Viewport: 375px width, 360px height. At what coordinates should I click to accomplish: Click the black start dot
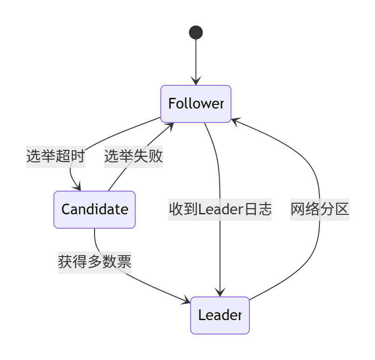[196, 32]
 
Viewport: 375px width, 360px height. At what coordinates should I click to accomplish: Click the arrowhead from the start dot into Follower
[196, 81]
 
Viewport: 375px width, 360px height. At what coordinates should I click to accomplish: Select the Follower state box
[196, 104]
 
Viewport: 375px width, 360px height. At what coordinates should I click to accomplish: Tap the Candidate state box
[95, 210]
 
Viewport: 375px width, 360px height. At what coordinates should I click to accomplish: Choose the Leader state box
[220, 315]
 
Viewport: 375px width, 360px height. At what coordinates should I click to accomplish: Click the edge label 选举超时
[55, 156]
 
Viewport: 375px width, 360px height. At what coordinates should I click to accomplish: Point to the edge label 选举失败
[133, 156]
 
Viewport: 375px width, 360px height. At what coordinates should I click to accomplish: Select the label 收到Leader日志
[220, 209]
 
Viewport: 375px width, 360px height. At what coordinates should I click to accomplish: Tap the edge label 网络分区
[319, 209]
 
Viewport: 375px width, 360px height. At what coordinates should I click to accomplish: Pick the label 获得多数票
[95, 262]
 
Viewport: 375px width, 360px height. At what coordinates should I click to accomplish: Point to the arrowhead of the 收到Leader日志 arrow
[220, 293]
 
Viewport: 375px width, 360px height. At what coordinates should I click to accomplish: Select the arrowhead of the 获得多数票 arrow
[186, 302]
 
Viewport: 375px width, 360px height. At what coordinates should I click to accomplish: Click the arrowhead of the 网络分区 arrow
[235, 120]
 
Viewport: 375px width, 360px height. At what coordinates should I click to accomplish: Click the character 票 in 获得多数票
[124, 262]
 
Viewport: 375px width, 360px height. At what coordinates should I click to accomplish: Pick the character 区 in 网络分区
[342, 209]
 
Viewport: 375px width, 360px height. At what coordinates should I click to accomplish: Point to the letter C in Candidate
[65, 210]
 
